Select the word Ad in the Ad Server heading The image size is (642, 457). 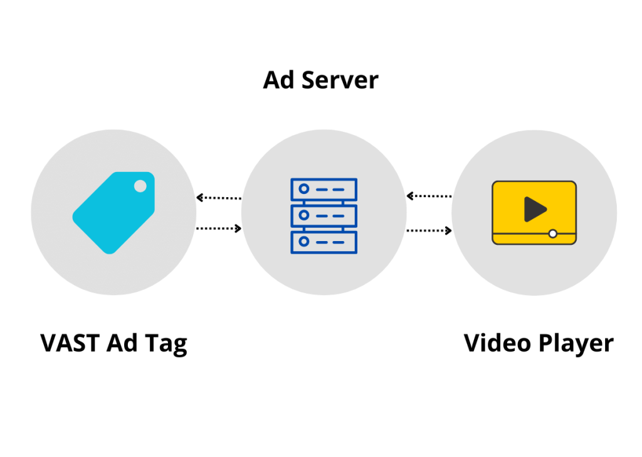point(280,80)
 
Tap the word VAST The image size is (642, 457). point(70,343)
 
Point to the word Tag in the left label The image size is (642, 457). point(167,345)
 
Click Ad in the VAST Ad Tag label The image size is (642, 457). point(124,343)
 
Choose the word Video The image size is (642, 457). point(496,343)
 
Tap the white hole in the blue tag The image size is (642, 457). point(140,186)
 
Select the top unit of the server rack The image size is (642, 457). point(324,189)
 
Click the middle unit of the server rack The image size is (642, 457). point(324,215)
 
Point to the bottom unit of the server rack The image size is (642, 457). point(324,242)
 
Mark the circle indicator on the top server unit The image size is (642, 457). point(304,189)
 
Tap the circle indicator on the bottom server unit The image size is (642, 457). point(304,242)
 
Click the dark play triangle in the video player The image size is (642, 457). point(534,209)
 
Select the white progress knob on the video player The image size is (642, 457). point(552,234)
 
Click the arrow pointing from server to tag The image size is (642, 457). point(219,197)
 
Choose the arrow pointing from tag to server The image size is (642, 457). point(219,228)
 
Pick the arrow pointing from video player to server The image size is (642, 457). point(429,196)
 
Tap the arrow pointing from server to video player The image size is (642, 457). point(429,230)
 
